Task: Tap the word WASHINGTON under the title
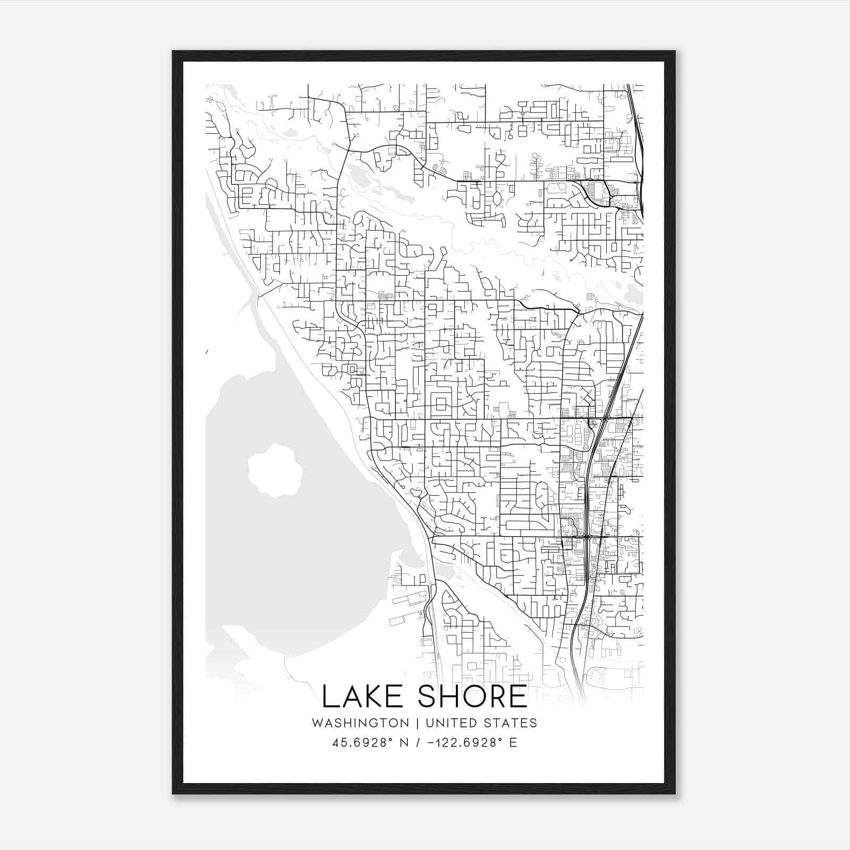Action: [360, 723]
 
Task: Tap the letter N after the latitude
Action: [404, 743]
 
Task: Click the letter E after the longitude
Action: [513, 743]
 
